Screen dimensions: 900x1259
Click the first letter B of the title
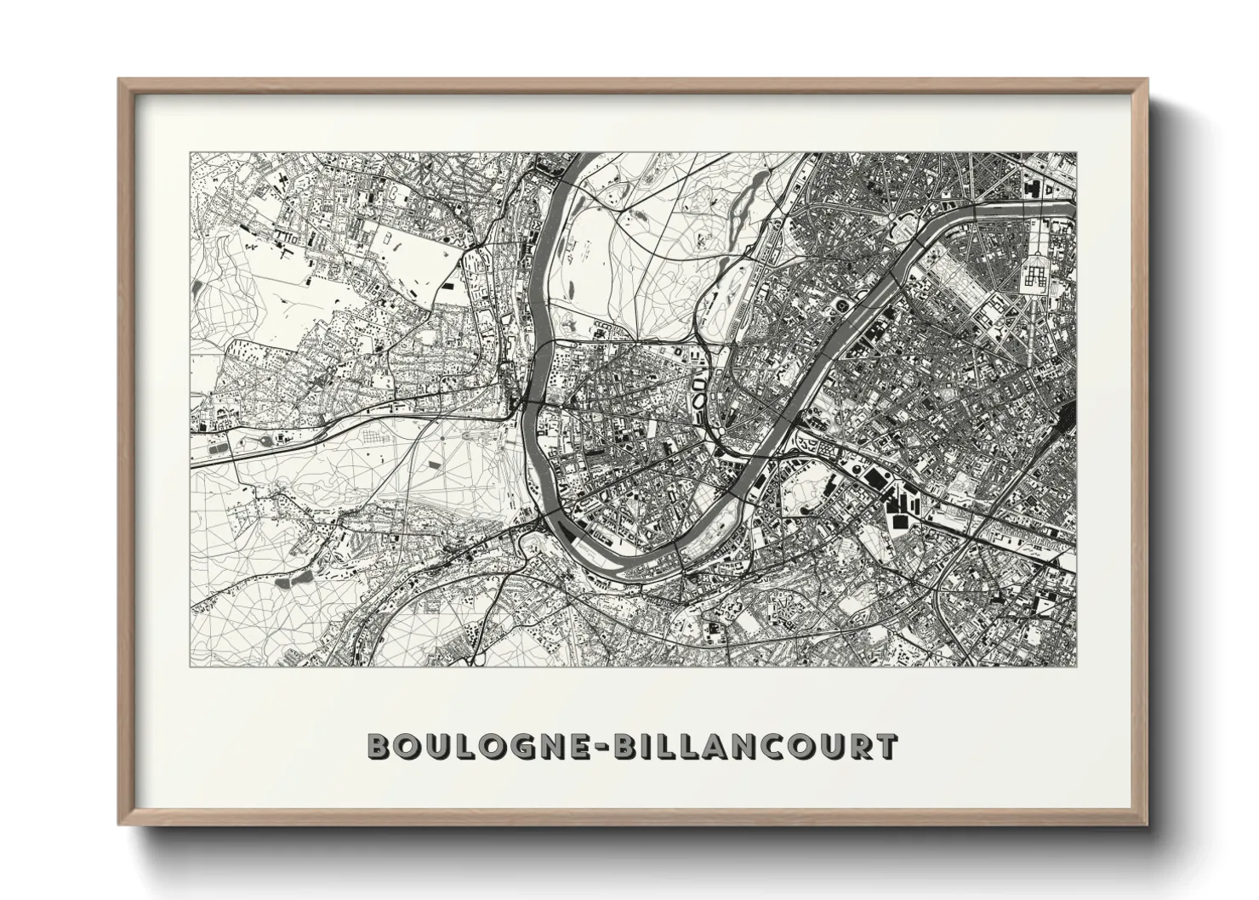pos(379,746)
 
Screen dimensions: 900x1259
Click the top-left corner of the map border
pos(191,153)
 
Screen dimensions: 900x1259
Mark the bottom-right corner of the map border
pos(1076,667)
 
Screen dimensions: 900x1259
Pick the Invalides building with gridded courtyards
pos(1035,274)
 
